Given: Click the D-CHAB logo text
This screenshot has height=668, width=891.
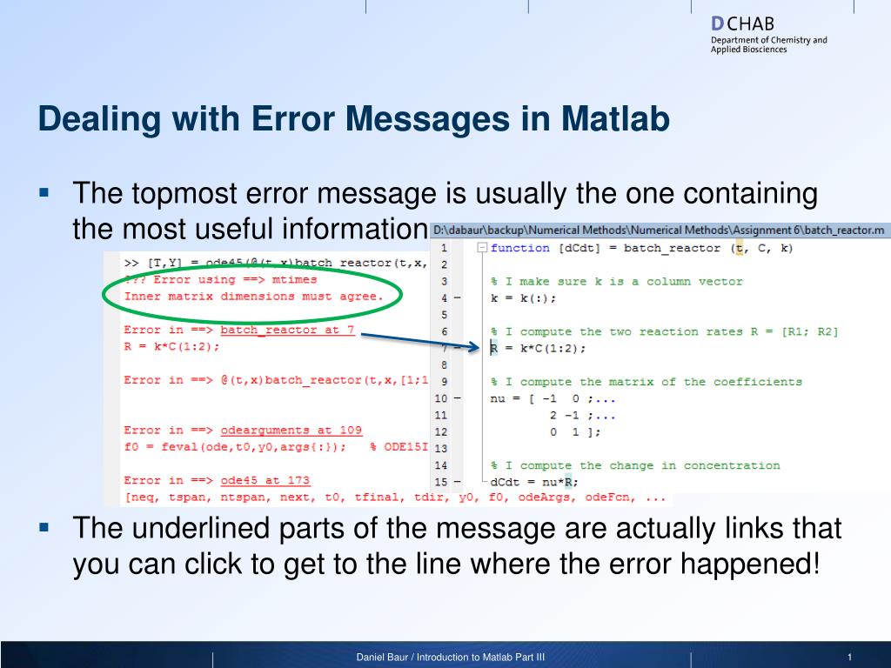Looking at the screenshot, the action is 742,23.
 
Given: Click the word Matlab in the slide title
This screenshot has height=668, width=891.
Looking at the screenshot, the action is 615,118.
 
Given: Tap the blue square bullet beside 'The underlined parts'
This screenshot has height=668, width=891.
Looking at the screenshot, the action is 44,528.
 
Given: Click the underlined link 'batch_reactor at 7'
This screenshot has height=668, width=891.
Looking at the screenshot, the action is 287,330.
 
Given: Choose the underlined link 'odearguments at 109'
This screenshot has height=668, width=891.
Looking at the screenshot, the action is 291,430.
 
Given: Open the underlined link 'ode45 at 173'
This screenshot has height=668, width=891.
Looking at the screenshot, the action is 265,480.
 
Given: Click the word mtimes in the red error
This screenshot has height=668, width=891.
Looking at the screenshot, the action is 294,279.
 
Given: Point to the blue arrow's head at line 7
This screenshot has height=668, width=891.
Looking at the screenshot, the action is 479,346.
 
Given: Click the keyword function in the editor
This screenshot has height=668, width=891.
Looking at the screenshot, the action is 520,248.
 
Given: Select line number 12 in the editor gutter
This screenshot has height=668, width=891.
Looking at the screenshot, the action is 441,431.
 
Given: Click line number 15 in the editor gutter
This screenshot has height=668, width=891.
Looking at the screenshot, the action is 441,482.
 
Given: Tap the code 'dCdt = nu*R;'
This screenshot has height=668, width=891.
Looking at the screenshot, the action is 534,482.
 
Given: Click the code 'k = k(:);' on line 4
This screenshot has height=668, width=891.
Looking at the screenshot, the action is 523,298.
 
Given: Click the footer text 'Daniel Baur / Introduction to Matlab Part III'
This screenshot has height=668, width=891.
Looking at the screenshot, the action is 450,658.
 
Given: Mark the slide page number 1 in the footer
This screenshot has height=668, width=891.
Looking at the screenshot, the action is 849,658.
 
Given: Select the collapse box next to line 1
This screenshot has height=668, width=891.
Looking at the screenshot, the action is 482,248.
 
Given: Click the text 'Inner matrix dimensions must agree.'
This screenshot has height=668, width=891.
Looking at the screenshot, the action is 254,297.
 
